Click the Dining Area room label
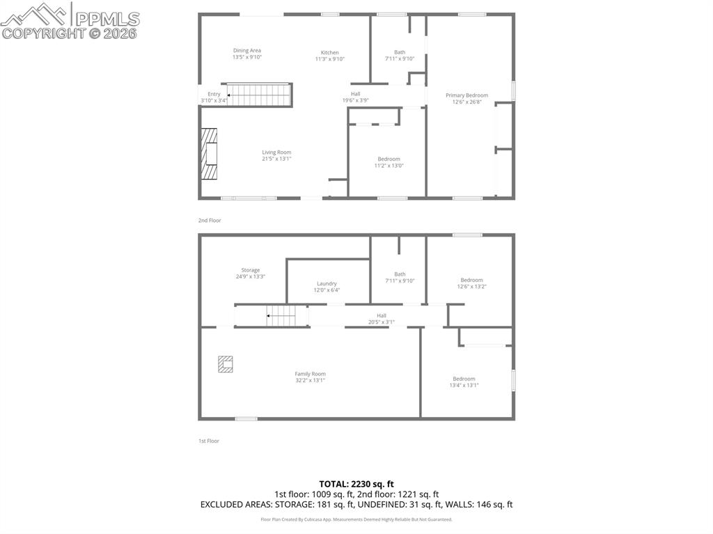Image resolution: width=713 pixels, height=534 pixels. [246, 50]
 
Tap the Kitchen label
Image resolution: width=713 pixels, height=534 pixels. [329, 53]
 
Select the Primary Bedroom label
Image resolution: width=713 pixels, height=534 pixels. [467, 95]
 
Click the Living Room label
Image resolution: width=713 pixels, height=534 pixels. [276, 152]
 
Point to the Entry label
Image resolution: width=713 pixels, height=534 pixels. [214, 94]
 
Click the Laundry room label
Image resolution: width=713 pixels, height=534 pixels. [327, 283]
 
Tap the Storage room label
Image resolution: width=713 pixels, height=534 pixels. [251, 270]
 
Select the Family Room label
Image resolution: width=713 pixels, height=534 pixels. [310, 374]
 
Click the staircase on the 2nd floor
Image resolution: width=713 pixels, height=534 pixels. [258, 95]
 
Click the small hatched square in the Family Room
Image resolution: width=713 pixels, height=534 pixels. [225, 363]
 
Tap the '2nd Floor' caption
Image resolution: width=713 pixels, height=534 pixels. [209, 220]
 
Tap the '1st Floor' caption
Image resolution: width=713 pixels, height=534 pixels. [209, 441]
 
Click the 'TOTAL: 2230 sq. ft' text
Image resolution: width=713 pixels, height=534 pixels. [356, 484]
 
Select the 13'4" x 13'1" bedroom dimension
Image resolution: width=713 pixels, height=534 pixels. [464, 385]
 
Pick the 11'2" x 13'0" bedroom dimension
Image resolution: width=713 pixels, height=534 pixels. [389, 166]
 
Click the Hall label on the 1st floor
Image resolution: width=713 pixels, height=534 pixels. [382, 315]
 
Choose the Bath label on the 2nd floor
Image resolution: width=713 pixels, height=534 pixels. [400, 52]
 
